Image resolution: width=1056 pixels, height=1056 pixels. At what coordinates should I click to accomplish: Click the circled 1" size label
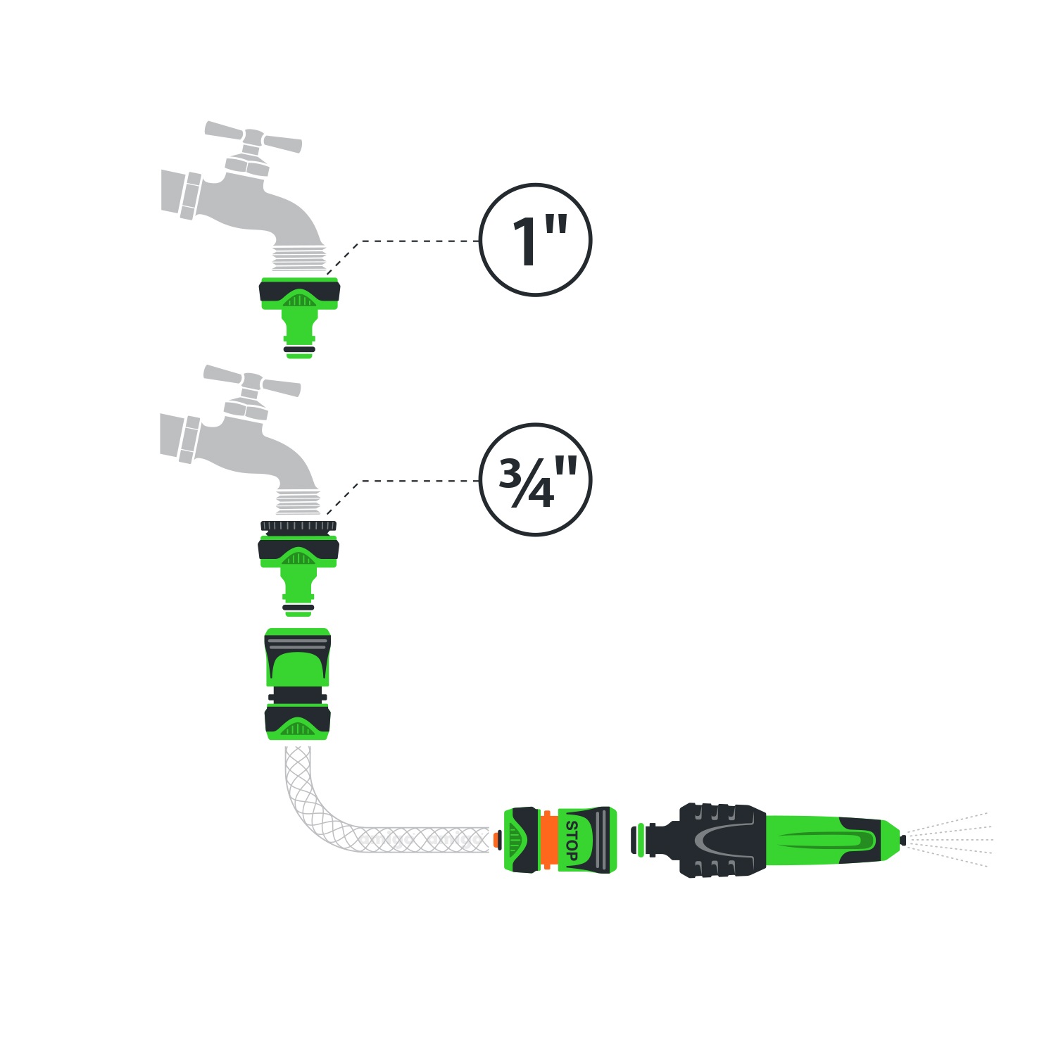tap(535, 240)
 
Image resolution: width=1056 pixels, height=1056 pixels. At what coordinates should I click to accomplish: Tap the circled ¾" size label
tap(535, 480)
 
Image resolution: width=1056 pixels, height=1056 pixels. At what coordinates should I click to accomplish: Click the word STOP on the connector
tap(571, 841)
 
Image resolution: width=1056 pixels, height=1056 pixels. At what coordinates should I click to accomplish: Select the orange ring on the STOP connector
tap(547, 840)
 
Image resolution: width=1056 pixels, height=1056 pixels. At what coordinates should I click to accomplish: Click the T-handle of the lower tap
tap(252, 382)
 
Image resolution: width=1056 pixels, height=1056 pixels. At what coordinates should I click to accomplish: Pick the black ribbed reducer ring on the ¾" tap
tap(298, 526)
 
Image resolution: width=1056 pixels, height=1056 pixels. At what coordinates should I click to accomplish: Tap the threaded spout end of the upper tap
tap(299, 257)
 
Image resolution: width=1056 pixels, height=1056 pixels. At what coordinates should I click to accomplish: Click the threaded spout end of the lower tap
tap(298, 501)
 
